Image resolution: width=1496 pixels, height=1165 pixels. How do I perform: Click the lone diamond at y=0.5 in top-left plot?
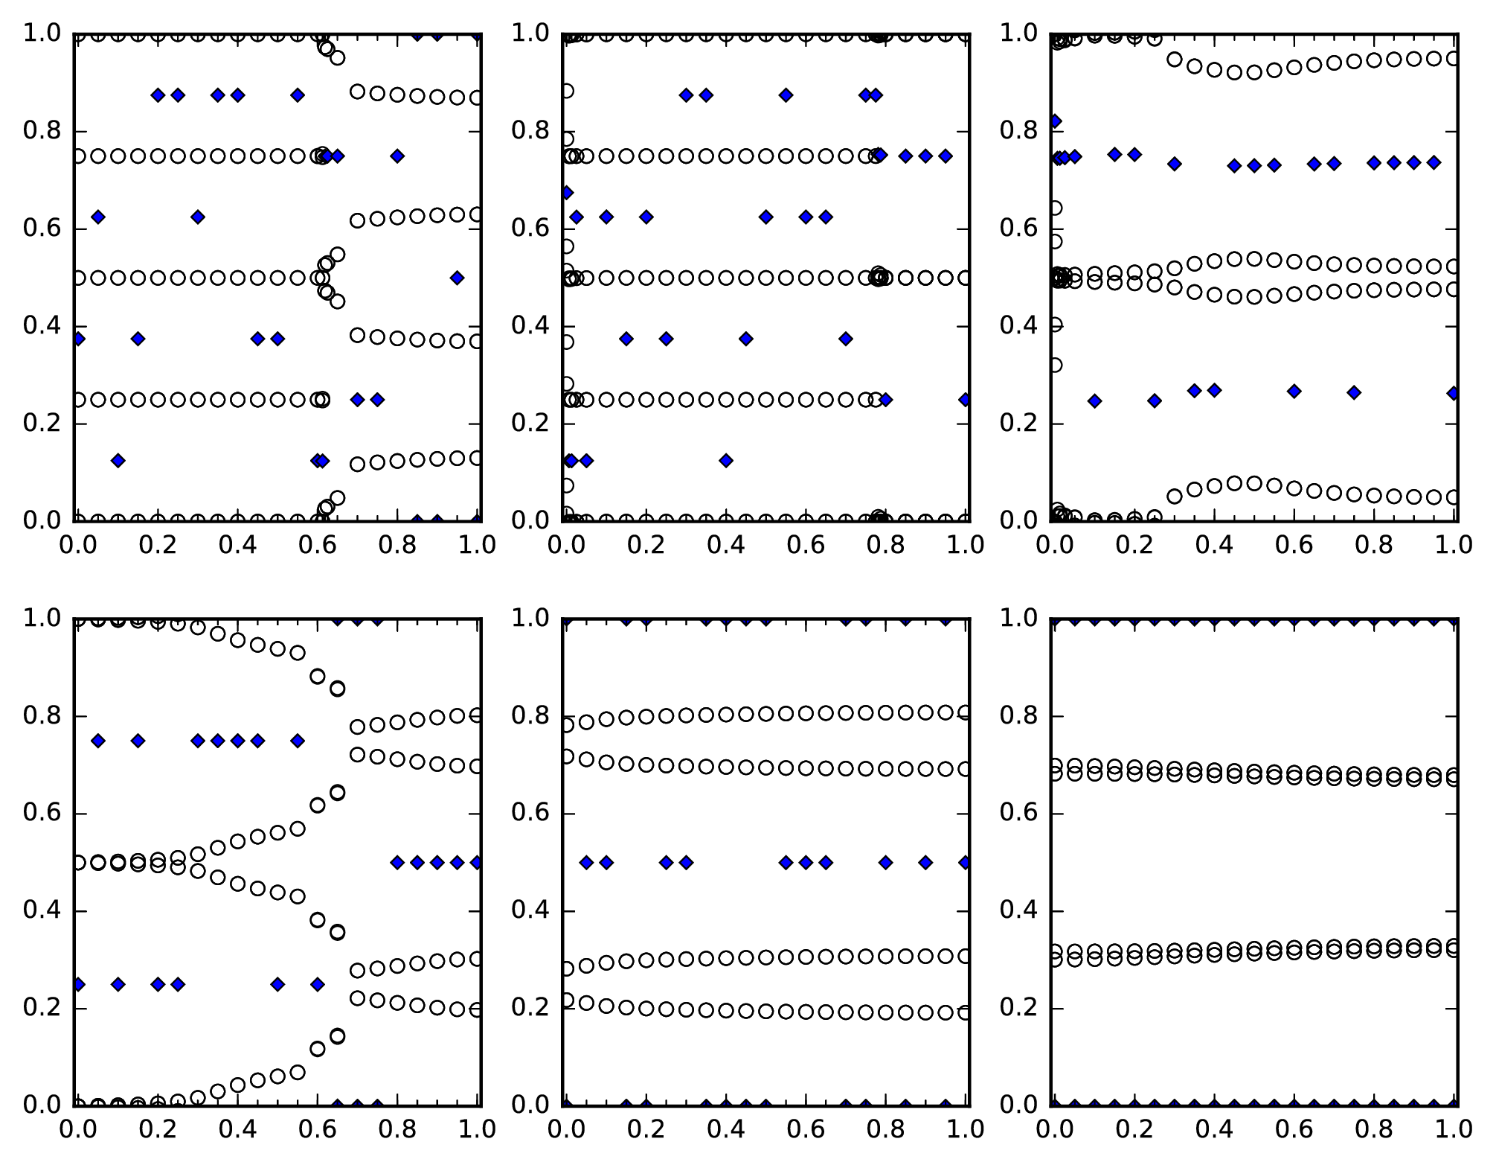click(x=457, y=278)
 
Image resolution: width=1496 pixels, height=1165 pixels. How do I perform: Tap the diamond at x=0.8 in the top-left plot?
click(x=397, y=156)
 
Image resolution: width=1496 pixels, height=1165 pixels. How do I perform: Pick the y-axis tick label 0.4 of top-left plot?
click(x=42, y=326)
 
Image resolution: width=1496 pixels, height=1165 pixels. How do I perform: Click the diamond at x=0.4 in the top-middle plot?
click(x=726, y=461)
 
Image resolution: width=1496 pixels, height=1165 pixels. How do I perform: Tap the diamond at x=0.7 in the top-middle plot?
click(x=846, y=339)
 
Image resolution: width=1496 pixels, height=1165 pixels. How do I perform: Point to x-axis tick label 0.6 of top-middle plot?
click(x=806, y=546)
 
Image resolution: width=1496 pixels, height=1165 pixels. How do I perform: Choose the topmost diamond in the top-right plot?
click(x=1054, y=121)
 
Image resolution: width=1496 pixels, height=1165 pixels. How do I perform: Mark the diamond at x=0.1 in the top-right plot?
click(x=1094, y=401)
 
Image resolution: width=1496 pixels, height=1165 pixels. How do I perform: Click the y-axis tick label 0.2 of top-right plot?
click(x=1019, y=424)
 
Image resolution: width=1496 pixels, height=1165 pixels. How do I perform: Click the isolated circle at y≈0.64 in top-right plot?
click(x=1054, y=208)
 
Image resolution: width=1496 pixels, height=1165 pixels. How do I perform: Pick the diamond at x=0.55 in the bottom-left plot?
click(x=298, y=741)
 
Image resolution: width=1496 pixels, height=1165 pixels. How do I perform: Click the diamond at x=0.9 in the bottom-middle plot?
click(x=925, y=862)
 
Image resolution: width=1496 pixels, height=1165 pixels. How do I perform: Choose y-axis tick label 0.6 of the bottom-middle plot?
click(x=530, y=814)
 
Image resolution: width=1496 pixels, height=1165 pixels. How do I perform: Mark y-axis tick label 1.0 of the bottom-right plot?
click(x=1019, y=619)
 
